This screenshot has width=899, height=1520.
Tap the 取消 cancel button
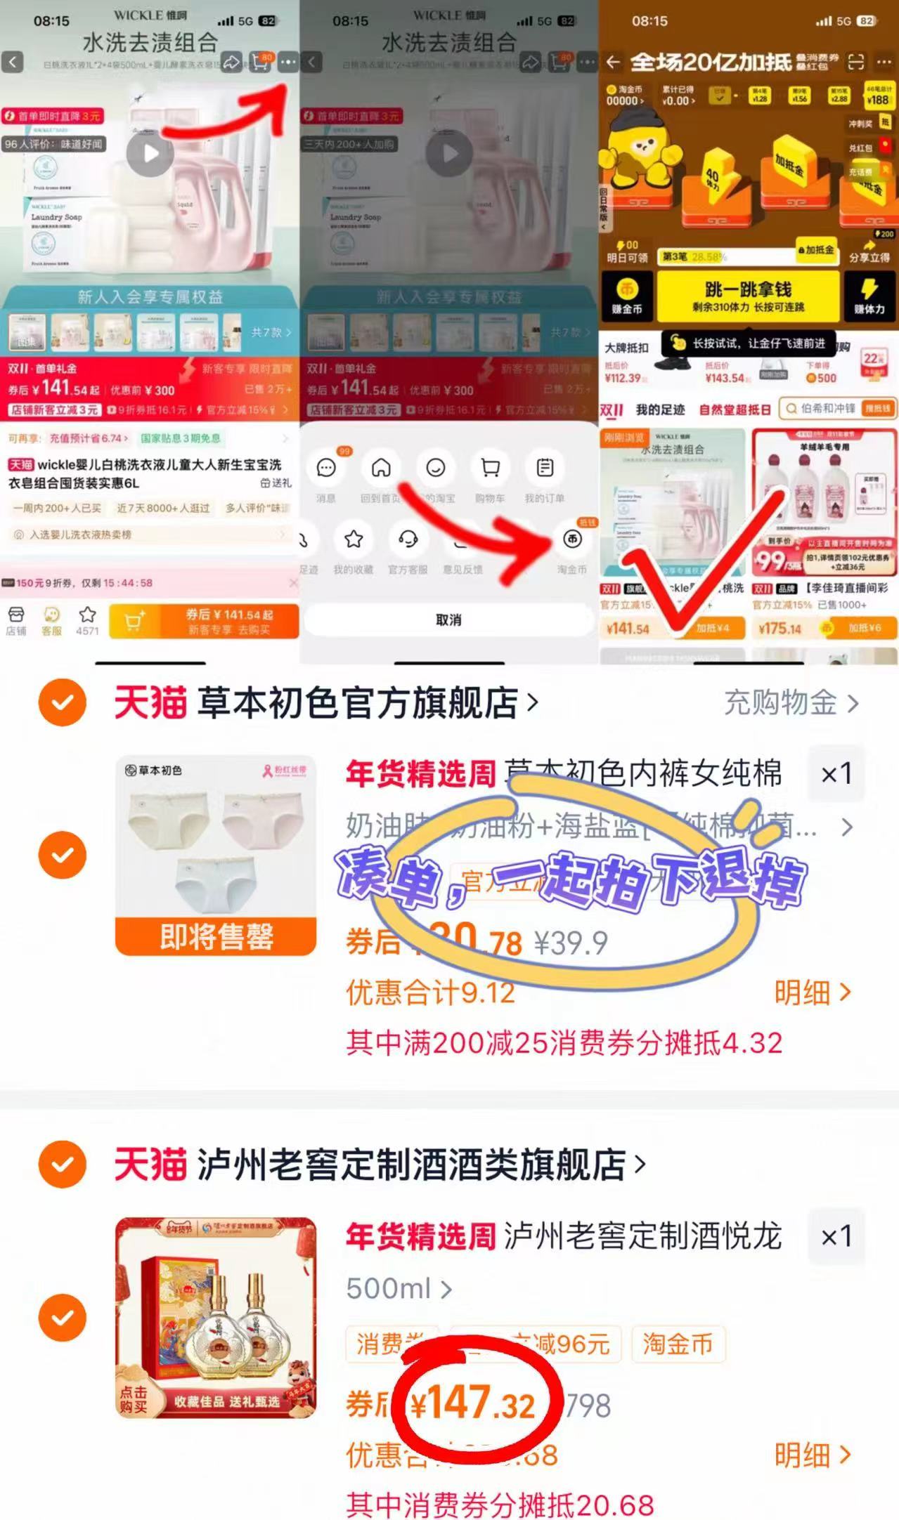448,620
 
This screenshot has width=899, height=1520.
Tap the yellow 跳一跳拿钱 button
748,296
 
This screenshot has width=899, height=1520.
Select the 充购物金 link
791,702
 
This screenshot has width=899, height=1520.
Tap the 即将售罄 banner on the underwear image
216,936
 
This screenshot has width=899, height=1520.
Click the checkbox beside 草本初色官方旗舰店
63,702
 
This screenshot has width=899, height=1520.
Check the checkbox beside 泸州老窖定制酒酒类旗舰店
63,1165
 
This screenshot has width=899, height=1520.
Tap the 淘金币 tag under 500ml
678,1344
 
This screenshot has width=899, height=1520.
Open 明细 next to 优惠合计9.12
812,992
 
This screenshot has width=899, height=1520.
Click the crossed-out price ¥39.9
570,943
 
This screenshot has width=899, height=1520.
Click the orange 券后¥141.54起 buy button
205,621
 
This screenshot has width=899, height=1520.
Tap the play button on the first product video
150,153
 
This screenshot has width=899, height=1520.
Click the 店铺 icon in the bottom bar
15,620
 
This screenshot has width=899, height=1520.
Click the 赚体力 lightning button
869,296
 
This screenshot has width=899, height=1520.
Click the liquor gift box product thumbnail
216,1318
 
